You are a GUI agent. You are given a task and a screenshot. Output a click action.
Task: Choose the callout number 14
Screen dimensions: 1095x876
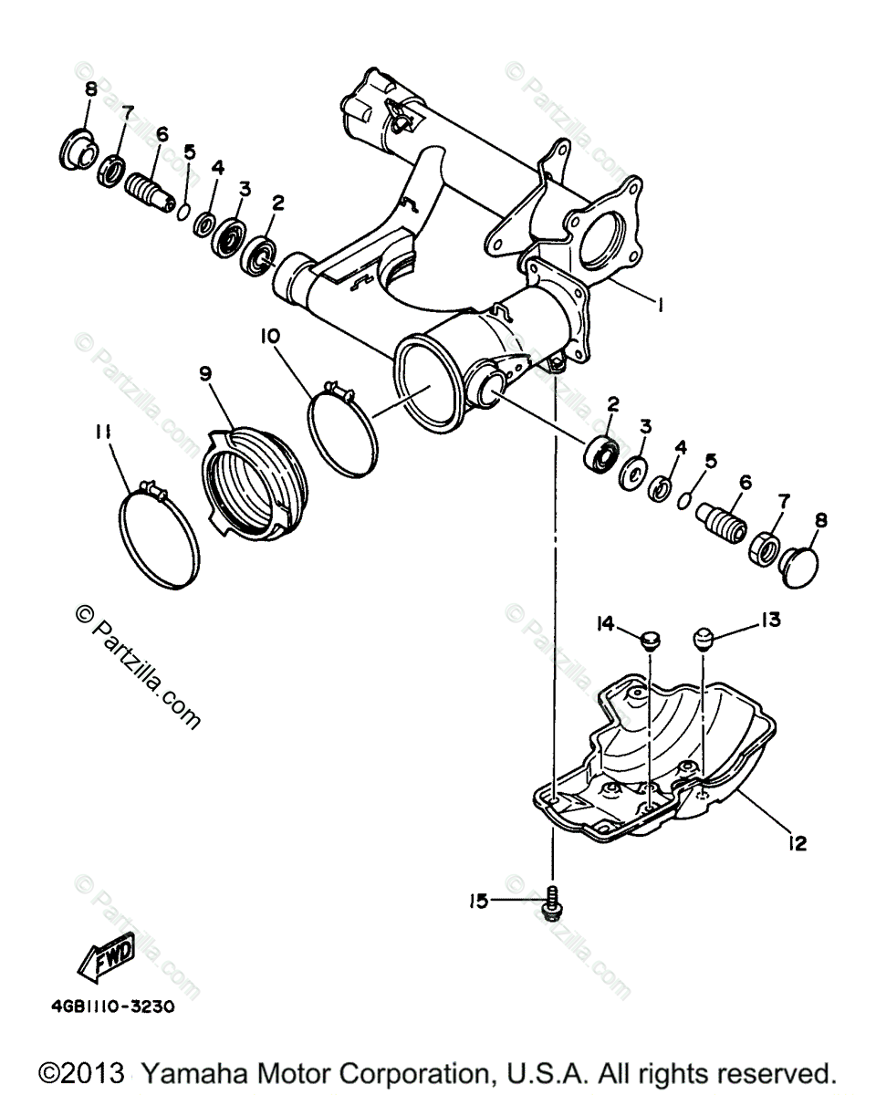[x=605, y=623]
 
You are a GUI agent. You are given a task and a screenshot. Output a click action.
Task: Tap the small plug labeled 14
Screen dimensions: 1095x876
[x=649, y=638]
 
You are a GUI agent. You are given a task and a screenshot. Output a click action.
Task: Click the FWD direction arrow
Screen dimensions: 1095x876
[x=107, y=959]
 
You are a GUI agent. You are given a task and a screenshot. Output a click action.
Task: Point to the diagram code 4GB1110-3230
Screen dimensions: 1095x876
[x=112, y=1011]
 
